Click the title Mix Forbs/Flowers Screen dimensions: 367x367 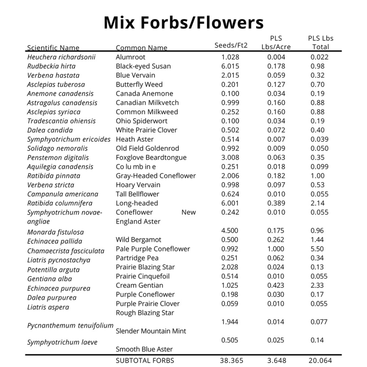tap(183, 22)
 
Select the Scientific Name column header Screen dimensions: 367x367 tap(53, 48)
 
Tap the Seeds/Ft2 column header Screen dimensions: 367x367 tap(231, 45)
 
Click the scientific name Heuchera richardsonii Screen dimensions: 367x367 tap(61, 57)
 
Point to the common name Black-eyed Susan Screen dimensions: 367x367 tap(143, 66)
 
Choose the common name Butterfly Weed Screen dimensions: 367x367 tap(139, 85)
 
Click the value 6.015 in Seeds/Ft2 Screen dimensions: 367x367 tap(230, 66)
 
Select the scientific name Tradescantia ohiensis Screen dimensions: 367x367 tap(61, 121)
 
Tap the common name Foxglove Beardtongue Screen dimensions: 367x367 tap(151, 157)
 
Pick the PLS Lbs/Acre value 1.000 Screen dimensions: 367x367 tap(276, 249)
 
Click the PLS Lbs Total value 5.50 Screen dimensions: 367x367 tap(317, 249)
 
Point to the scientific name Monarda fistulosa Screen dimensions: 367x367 tap(55, 232)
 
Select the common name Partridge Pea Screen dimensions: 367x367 tap(137, 258)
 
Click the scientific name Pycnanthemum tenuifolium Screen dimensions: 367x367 tap(70, 326)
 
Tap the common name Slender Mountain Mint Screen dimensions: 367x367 tap(151, 331)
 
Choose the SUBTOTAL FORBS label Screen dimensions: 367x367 tap(145, 361)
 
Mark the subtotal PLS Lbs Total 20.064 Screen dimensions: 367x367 tap(320, 361)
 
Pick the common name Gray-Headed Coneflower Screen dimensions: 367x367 tap(156, 176)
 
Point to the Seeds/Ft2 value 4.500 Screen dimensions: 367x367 tap(230, 230)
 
